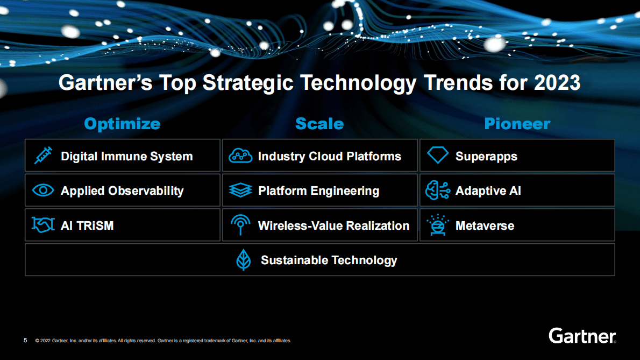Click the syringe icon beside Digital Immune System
42,156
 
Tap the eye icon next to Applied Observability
43,190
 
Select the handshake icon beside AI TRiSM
43,225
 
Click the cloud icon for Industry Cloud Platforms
240,156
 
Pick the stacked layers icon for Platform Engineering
240,190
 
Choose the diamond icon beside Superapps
437,156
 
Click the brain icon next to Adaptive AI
437,190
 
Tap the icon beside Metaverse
437,225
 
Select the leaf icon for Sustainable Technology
244,260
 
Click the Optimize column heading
122,124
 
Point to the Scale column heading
319,124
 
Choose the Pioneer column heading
517,124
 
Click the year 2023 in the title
557,83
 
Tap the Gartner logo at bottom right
582,336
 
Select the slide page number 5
25,340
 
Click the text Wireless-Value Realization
333,225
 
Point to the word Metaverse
485,225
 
